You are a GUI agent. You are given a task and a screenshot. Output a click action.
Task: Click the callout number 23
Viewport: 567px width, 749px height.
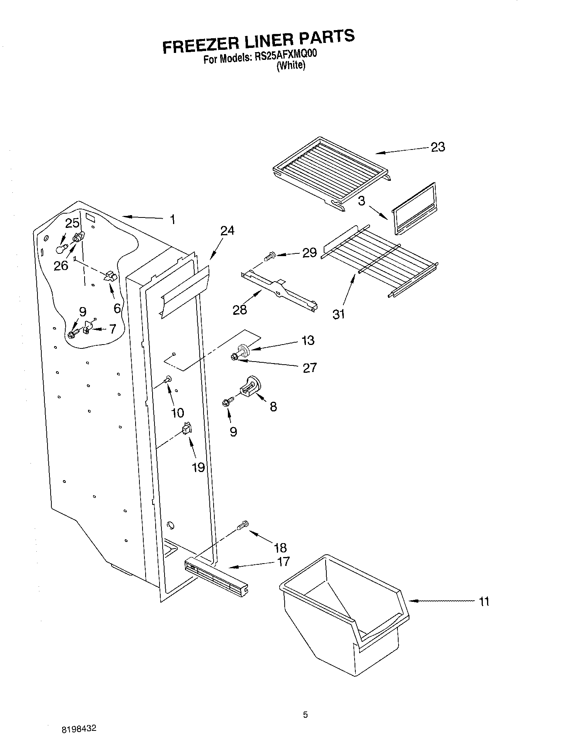pyautogui.click(x=438, y=147)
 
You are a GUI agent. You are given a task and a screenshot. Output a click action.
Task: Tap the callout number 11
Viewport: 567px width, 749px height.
pyautogui.click(x=484, y=601)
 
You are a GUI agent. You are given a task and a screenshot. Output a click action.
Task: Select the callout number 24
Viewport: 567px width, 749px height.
pyautogui.click(x=227, y=231)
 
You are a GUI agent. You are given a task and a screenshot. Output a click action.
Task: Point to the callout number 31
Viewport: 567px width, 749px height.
pyautogui.click(x=338, y=314)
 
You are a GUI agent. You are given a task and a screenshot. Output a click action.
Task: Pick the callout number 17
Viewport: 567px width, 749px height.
pyautogui.click(x=283, y=561)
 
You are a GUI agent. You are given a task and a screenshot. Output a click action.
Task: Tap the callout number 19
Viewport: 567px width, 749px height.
pyautogui.click(x=198, y=467)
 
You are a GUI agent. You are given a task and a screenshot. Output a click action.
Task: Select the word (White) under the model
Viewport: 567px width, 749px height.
pyautogui.click(x=290, y=66)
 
